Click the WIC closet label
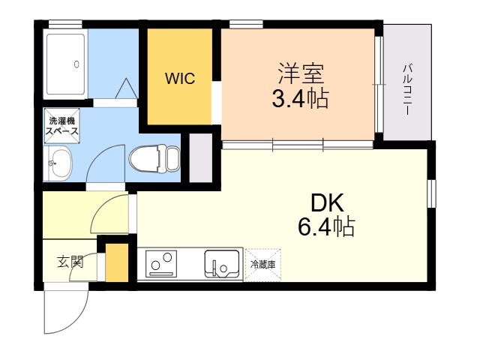click(180, 79)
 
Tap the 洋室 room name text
click(301, 73)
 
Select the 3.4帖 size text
click(300, 98)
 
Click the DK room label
click(327, 203)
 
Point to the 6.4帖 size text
click(327, 226)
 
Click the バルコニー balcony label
click(407, 89)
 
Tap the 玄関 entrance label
click(70, 262)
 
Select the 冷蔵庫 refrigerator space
click(263, 265)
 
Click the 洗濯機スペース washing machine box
click(61, 125)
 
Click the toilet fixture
click(154, 159)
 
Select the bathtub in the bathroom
click(65, 64)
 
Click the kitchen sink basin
click(222, 264)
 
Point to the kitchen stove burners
click(161, 264)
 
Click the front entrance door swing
click(66, 308)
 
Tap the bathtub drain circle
click(76, 64)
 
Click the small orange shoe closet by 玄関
click(117, 262)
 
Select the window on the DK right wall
click(431, 193)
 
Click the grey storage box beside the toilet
click(201, 158)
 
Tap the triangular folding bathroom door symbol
click(126, 88)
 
